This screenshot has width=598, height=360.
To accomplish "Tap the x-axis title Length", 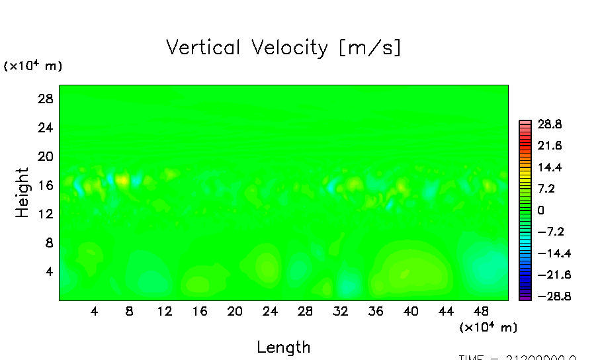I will [283, 347].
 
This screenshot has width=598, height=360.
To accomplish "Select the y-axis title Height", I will [22, 192].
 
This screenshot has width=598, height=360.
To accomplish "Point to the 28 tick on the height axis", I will [44, 99].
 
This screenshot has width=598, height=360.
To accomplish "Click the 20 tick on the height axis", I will [44, 156].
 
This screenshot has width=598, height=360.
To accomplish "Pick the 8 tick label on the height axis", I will [48, 243].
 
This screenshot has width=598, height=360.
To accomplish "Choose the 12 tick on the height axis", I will [44, 214].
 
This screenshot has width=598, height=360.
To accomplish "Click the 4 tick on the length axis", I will [95, 311].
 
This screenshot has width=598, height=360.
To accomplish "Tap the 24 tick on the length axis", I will [270, 311].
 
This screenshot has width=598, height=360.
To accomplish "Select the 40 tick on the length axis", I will [411, 311].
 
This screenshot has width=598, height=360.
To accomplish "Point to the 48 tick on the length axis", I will [481, 311].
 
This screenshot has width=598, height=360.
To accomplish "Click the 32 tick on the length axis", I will [341, 311].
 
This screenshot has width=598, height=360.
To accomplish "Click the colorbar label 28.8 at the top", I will [550, 124].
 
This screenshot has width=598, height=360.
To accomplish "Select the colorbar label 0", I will [541, 210].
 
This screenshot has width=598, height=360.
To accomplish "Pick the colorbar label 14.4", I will [550, 167].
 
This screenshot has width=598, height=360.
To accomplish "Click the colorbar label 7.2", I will [547, 189].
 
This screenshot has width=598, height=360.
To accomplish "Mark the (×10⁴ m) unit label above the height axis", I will [33, 66].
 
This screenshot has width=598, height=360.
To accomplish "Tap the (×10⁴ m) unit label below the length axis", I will [488, 327].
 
